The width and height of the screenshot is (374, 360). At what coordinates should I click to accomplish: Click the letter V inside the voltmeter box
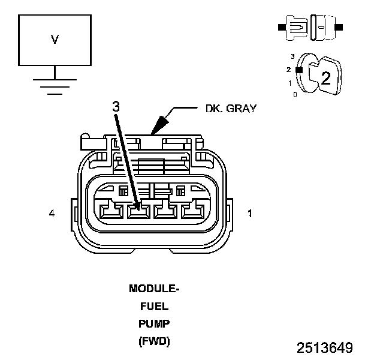pos(55,40)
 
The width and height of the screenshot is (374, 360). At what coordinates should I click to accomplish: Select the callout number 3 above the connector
pos(116,106)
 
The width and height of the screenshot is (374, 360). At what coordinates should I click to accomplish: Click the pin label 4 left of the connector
pos(52,213)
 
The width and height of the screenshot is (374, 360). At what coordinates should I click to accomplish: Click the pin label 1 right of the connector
pos(249,213)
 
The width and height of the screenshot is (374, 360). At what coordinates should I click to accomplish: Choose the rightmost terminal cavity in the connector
pos(192,212)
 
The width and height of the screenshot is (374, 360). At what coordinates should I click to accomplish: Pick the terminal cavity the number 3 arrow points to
pos(138,212)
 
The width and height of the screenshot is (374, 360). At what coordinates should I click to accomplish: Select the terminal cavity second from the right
pos(165,212)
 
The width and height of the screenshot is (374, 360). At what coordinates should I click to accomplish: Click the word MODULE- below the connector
pos(154,289)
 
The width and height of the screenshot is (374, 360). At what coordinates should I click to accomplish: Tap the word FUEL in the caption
pos(154,306)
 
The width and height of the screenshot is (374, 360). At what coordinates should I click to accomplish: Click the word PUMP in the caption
pos(154,324)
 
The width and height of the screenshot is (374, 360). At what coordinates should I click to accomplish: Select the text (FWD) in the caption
pos(154,341)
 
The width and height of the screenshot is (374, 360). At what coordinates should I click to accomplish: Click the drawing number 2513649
pos(324,348)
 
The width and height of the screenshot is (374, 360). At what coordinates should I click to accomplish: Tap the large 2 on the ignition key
pos(325,77)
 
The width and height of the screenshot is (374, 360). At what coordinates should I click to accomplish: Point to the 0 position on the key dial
pos(294,94)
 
